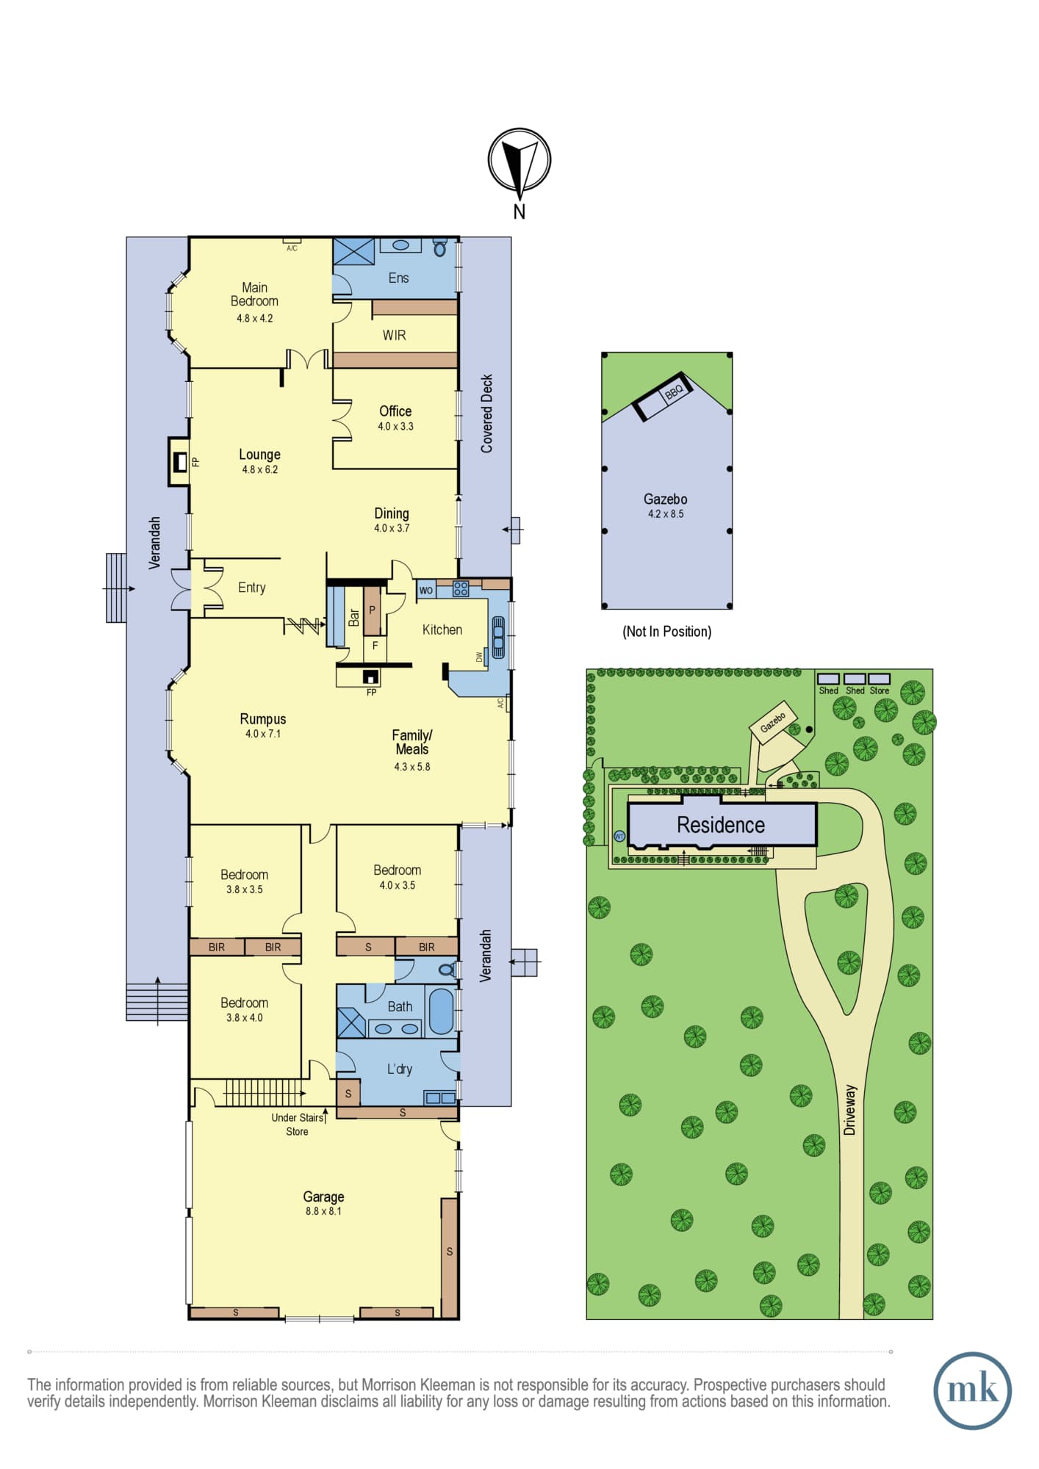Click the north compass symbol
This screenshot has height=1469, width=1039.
click(519, 161)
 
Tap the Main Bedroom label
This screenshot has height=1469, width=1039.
click(254, 295)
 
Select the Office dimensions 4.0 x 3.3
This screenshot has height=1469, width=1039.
click(395, 426)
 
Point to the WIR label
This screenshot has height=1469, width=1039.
click(394, 336)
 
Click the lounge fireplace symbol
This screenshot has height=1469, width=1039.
click(179, 462)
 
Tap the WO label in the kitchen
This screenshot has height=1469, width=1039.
click(426, 590)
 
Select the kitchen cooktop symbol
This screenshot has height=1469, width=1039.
click(461, 588)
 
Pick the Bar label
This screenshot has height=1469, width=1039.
click(354, 618)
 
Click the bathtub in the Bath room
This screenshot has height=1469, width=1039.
click(441, 1011)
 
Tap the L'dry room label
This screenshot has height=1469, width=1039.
click(400, 1069)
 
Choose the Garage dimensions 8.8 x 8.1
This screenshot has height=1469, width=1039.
click(323, 1211)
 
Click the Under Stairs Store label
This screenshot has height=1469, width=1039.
click(298, 1125)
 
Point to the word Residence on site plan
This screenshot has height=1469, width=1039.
click(721, 825)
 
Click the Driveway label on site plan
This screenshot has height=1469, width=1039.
click(850, 1110)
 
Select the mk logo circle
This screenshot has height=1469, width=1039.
click(972, 1390)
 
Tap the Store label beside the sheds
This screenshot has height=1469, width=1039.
click(880, 690)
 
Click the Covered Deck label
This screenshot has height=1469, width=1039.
click(486, 414)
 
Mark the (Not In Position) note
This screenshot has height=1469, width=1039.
click(667, 632)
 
